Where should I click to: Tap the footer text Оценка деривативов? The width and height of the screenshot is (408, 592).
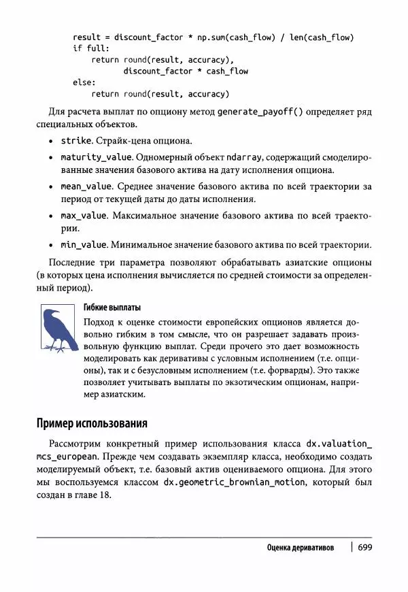(301, 548)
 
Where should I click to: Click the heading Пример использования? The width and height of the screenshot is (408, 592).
(92, 423)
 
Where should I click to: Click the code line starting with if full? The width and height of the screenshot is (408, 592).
(90, 48)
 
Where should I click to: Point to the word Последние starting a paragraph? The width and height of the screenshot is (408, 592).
(73, 263)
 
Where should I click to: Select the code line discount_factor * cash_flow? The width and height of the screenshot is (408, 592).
(186, 71)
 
